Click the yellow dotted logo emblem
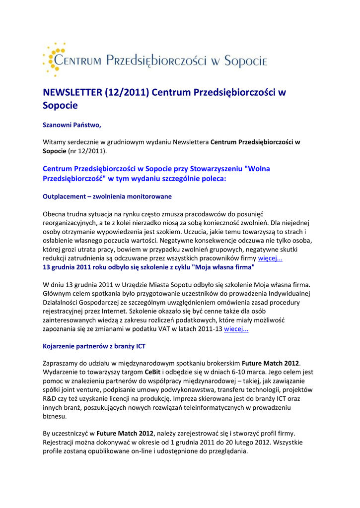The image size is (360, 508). pos(53,59)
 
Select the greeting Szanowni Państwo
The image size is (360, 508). pos(72,125)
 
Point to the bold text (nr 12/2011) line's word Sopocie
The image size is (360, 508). pos(55,150)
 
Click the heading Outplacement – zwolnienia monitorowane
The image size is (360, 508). pos(107,196)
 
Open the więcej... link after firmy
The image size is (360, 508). pos(270,258)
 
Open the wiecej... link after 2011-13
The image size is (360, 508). pos(236,329)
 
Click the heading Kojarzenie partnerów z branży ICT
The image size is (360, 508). pos(94,346)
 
